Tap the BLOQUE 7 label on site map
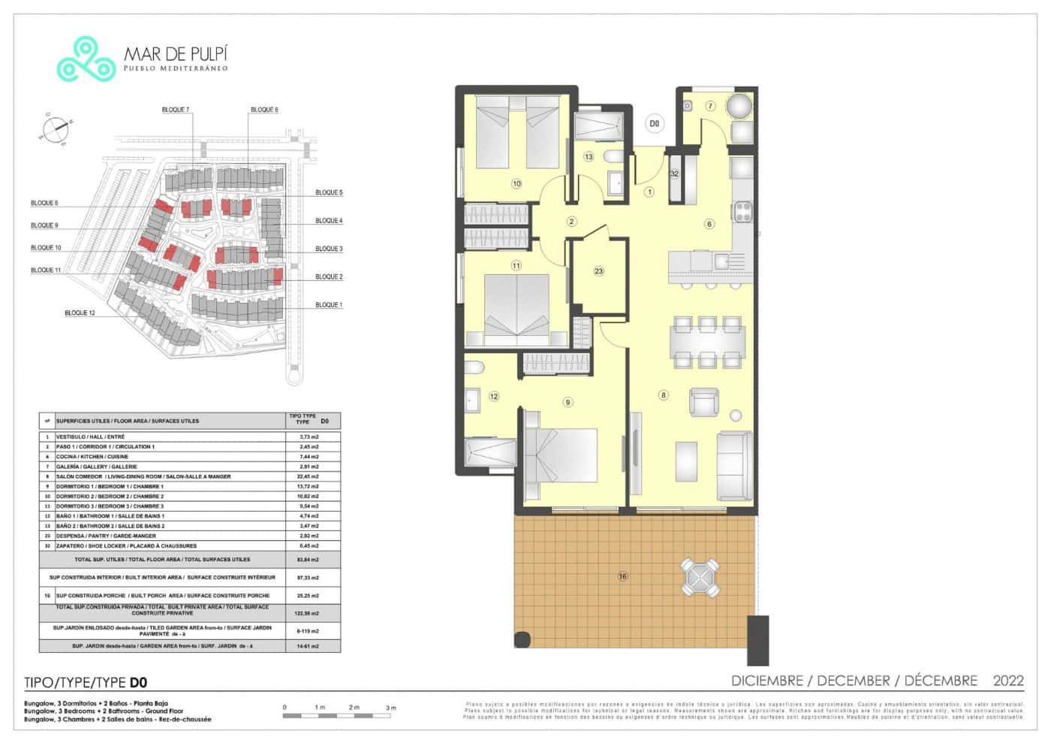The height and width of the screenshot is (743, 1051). [176, 110]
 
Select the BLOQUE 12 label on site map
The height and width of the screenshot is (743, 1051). [80, 313]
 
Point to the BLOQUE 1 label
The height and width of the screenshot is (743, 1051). [328, 305]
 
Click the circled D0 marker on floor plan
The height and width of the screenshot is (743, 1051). [654, 123]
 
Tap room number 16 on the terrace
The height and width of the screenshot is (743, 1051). [622, 576]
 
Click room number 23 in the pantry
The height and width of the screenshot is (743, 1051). [598, 271]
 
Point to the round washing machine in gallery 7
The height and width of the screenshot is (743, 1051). [740, 106]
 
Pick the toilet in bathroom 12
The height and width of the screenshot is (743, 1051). [474, 367]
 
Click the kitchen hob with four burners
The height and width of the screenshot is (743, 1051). [742, 211]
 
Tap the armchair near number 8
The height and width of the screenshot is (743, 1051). [703, 403]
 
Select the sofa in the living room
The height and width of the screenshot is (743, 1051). [734, 466]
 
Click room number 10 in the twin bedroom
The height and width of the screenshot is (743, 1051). [516, 183]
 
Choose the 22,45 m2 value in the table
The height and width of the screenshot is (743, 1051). [308, 476]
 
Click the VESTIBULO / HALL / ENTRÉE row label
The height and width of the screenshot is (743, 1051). [91, 436]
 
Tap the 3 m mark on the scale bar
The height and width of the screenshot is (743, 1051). [390, 708]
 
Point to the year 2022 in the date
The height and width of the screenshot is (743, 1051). [1007, 681]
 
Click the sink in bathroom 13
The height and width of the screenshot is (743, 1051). [616, 183]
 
